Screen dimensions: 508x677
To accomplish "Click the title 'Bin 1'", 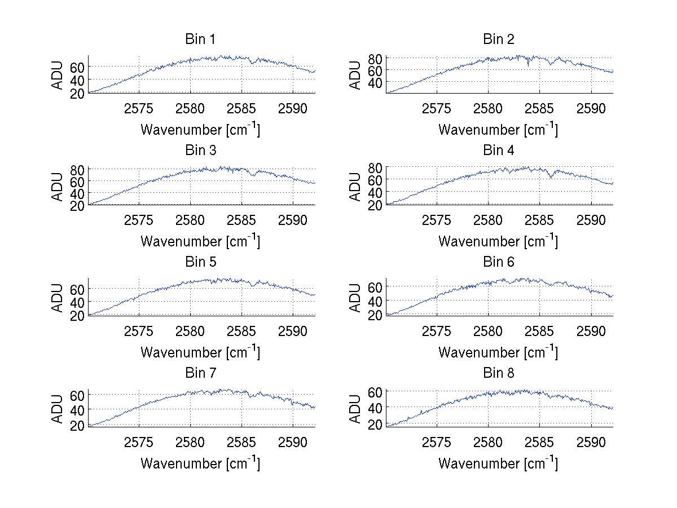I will pyautogui.click(x=200, y=39).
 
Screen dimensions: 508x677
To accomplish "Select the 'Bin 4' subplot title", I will pyautogui.click(x=499, y=151).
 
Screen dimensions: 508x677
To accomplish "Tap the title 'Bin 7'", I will pyautogui.click(x=200, y=373).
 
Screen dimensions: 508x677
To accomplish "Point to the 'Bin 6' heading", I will pyautogui.click(x=499, y=262).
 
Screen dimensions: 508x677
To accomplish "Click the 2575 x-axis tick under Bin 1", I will pyautogui.click(x=139, y=108).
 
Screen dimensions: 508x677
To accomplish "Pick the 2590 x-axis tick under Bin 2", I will pyautogui.click(x=591, y=108).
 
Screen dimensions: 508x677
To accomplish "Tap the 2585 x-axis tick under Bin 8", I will pyautogui.click(x=540, y=442).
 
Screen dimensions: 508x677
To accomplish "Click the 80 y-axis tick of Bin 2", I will pyautogui.click(x=376, y=58).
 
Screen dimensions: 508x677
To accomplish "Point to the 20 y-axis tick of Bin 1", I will pyautogui.click(x=78, y=93).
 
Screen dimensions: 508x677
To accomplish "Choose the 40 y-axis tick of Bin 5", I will pyautogui.click(x=78, y=302).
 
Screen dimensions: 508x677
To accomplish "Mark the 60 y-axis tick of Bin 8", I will pyautogui.click(x=376, y=391).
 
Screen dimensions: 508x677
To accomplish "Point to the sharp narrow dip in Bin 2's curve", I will pyautogui.click(x=528, y=66).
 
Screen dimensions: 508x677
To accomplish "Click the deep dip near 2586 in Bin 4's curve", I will pyautogui.click(x=551, y=178).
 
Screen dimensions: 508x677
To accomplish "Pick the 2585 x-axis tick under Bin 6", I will pyautogui.click(x=540, y=331).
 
